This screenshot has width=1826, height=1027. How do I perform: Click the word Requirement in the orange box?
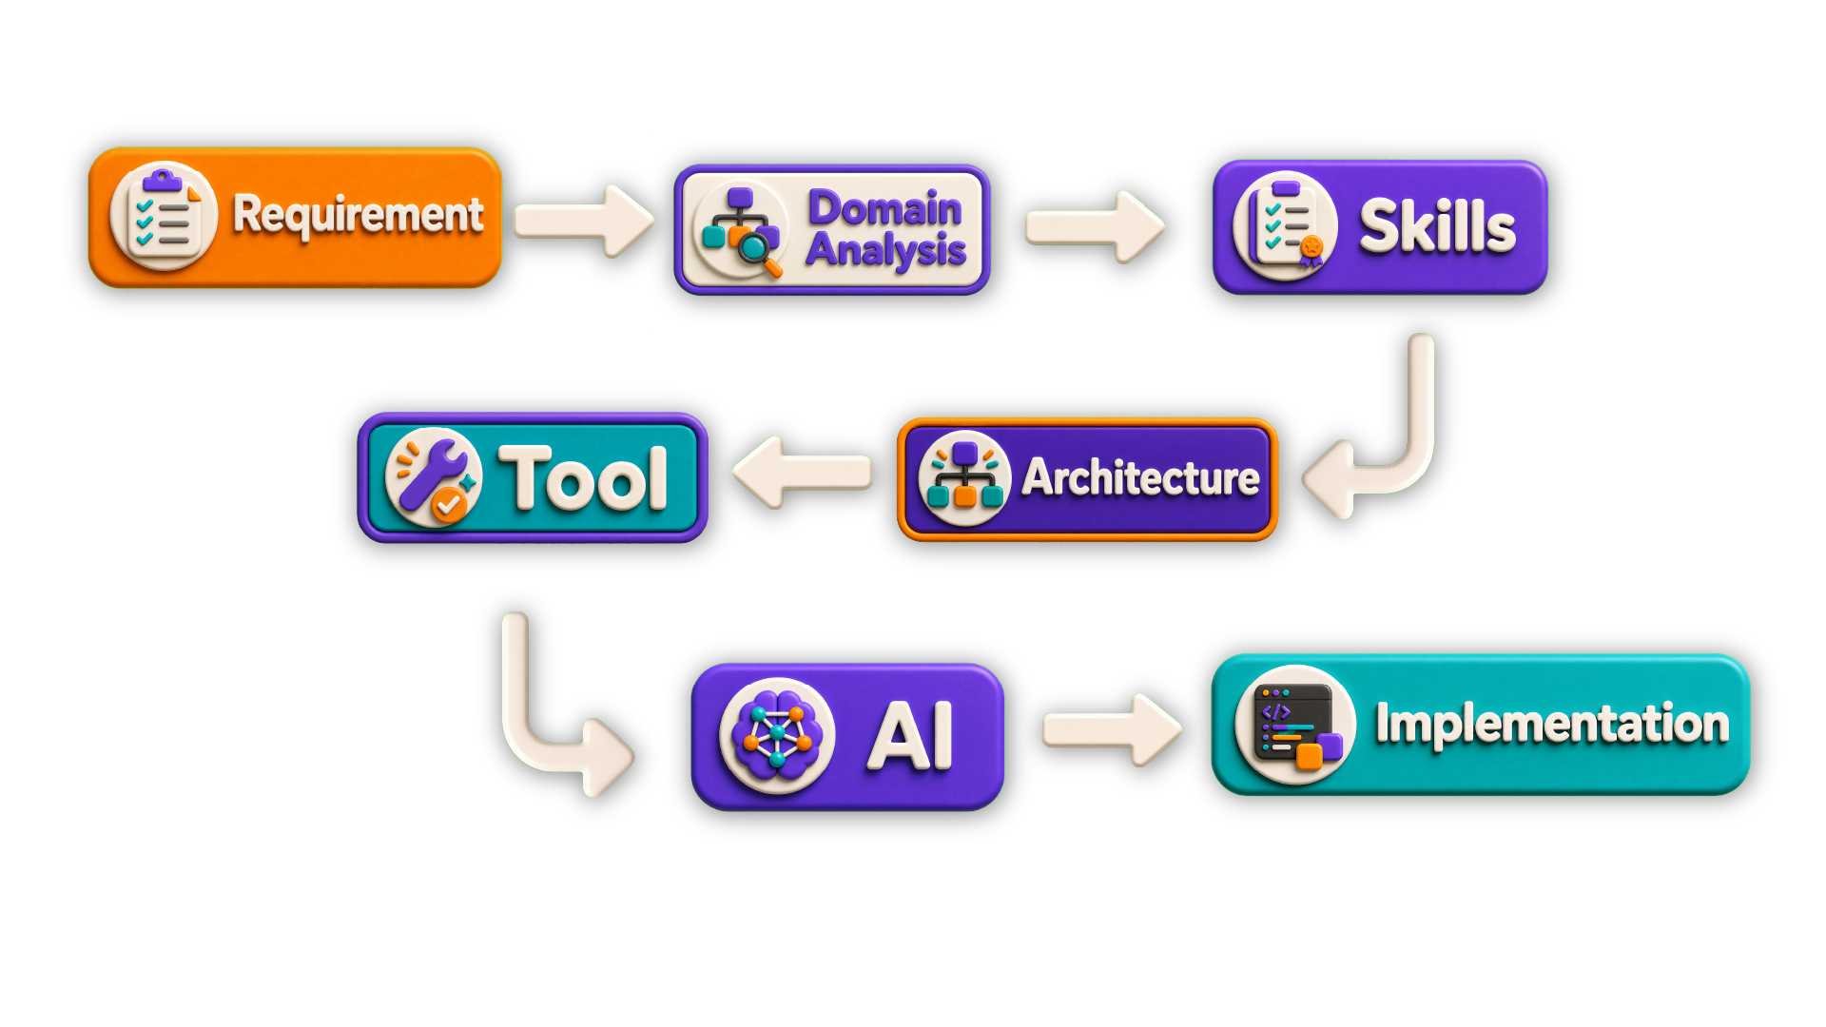[359, 215]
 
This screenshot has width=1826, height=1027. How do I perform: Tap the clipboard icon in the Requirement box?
[165, 216]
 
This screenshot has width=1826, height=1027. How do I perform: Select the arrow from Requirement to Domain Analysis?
[584, 221]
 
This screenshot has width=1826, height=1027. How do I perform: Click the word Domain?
[884, 208]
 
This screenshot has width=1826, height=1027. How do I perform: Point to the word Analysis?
[886, 251]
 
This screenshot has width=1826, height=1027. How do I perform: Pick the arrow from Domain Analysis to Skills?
[1095, 226]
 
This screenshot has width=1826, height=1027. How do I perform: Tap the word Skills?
[1437, 227]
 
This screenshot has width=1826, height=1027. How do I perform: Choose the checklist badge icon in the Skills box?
[1286, 226]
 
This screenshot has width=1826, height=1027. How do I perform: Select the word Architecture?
[1141, 477]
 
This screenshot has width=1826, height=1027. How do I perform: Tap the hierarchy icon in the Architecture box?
[964, 478]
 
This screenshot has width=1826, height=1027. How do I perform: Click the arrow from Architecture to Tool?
[803, 473]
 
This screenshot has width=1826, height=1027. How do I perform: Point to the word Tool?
[584, 478]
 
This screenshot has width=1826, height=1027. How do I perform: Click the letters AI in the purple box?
[910, 735]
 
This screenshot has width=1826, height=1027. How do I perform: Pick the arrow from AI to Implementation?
[1113, 729]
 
